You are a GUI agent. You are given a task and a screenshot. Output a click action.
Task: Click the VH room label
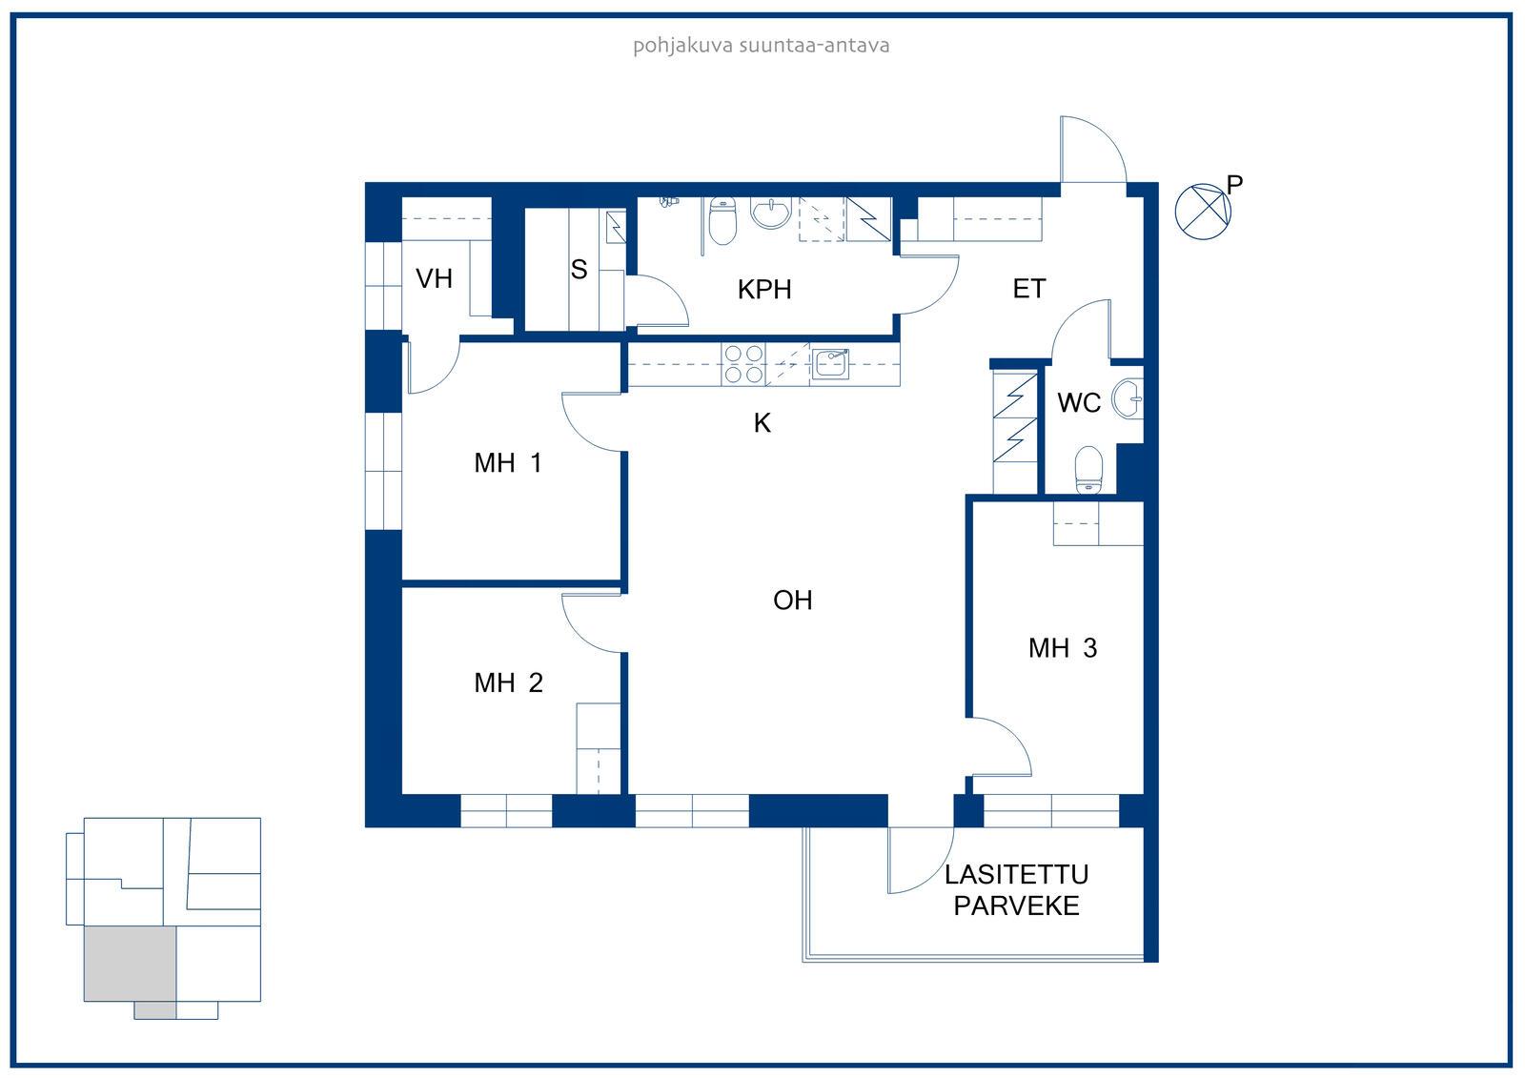pos(434,278)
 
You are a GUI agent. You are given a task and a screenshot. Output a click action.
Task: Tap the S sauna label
pos(579,270)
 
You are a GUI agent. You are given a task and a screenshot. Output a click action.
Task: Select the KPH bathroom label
pos(763,290)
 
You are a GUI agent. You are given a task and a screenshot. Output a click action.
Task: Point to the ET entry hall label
pos(1028,289)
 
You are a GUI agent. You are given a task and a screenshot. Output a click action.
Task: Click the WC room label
pos(1078,402)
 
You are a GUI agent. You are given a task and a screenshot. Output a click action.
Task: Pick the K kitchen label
pos(762,423)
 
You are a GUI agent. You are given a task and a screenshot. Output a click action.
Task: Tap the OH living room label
pos(792,600)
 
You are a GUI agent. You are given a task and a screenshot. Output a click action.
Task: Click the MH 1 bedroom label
pos(508,463)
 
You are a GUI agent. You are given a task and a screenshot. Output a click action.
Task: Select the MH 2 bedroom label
pos(509,683)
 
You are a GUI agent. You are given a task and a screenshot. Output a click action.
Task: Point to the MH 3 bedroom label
pos(1063,648)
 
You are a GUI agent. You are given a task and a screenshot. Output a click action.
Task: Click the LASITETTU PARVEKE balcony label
pos(1016,890)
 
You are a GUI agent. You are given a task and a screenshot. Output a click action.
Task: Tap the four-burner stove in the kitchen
pos(742,364)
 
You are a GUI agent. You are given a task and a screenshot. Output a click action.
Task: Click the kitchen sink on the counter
pos(830,364)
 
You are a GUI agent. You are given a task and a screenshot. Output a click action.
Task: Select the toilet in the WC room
pos(1088,469)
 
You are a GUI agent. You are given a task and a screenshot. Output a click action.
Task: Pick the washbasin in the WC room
pos(1128,399)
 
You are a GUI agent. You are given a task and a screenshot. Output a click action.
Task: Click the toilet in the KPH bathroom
pos(722,220)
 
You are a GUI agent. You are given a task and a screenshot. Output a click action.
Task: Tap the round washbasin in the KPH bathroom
pos(771,213)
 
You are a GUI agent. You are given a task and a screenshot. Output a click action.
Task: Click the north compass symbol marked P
pos(1203,211)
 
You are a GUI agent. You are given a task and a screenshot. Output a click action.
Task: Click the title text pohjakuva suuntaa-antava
pos(762,46)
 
